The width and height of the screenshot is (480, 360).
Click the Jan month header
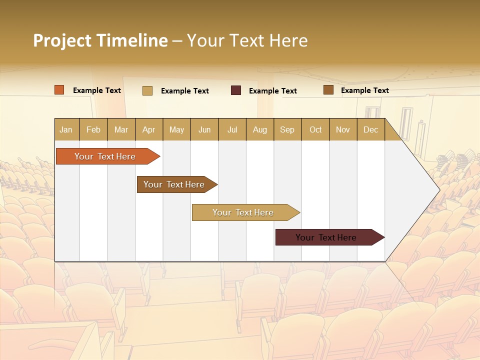click(x=66, y=129)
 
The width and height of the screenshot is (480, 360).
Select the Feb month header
click(x=93, y=129)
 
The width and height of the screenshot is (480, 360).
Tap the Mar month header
click(x=121, y=129)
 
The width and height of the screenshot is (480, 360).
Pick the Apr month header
click(x=149, y=129)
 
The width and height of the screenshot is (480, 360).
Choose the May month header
click(x=176, y=129)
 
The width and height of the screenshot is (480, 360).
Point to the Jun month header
click(x=204, y=129)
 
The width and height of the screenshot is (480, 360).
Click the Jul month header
click(x=232, y=129)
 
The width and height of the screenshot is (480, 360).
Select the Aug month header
click(x=260, y=129)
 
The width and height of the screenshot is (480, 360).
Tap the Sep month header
click(x=287, y=129)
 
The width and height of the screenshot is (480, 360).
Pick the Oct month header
click(x=315, y=129)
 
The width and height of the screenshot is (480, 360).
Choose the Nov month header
click(x=343, y=129)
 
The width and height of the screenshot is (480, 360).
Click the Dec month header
click(x=370, y=129)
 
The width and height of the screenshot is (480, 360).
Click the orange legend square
click(x=59, y=90)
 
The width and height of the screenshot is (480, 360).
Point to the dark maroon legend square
click(x=236, y=90)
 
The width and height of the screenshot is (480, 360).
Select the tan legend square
click(x=147, y=90)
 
